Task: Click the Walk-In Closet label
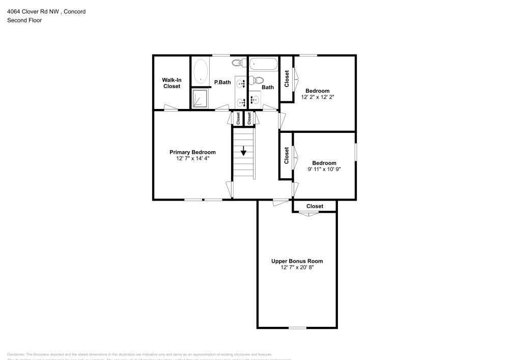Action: point(172,83)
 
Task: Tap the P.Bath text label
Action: point(222,82)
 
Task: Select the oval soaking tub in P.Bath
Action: point(201,72)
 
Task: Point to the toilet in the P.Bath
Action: point(237,63)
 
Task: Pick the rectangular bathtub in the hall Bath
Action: point(263,64)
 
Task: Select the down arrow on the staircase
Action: point(244,151)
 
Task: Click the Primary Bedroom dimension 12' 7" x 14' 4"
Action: point(192,158)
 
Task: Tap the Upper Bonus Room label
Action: point(297,261)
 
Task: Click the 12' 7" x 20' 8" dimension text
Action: point(297,267)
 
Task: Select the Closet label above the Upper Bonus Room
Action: point(315,206)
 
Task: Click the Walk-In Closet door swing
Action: point(171,107)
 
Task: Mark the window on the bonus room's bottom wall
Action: point(297,327)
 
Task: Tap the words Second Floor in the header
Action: point(24,20)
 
